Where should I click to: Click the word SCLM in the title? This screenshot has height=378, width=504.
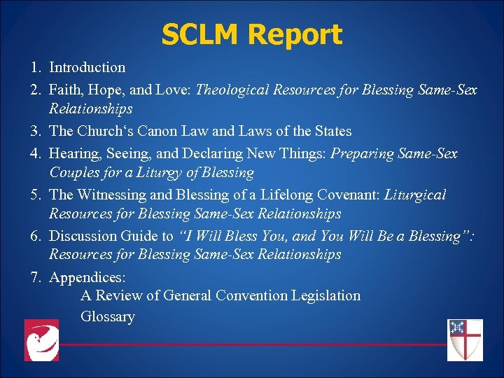click(x=202, y=34)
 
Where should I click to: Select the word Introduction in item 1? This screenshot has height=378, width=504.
click(x=87, y=68)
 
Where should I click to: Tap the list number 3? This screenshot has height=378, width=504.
click(x=35, y=131)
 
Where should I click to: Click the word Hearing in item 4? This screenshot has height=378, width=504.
click(x=74, y=153)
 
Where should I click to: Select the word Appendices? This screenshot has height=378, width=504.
click(x=87, y=277)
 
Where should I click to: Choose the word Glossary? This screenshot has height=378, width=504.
click(x=108, y=316)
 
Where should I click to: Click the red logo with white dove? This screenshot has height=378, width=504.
click(x=42, y=340)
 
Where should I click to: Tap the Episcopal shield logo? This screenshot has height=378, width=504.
click(x=465, y=340)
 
